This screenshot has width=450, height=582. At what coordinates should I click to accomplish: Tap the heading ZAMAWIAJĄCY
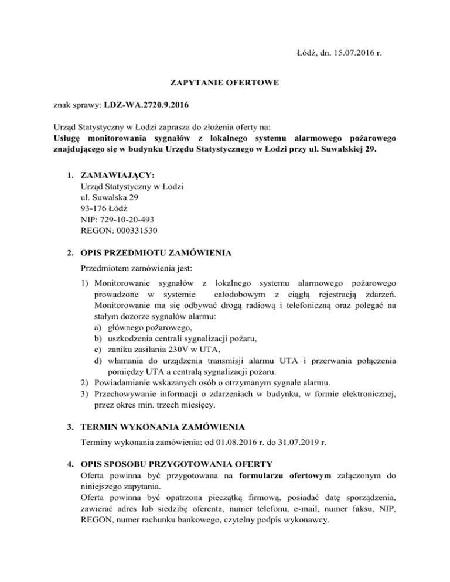point(116,175)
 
